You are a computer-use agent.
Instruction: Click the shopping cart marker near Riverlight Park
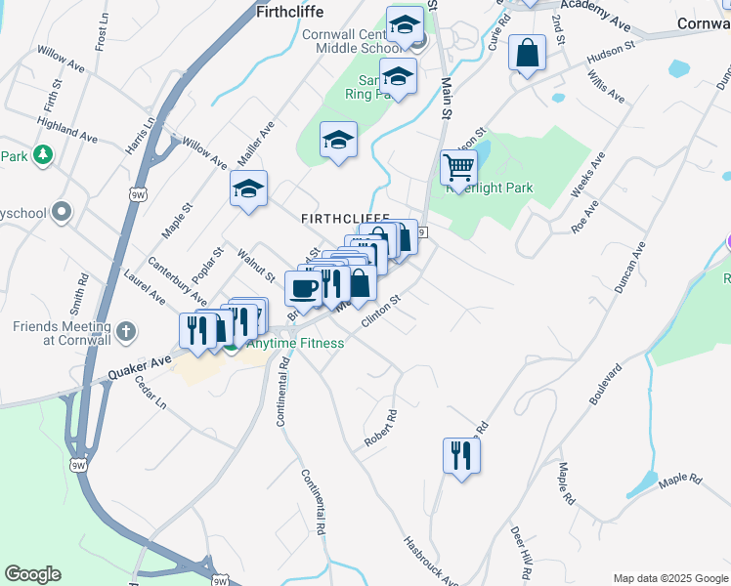458,168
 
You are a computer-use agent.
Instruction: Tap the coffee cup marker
303,287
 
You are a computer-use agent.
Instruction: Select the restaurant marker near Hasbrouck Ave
461,455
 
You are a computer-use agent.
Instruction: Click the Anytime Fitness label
294,344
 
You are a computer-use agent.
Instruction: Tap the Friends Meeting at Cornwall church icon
125,332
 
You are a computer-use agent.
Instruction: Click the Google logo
33,574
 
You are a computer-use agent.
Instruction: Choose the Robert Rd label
381,427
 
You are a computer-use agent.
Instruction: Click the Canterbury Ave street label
176,280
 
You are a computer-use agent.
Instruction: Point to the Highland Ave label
66,131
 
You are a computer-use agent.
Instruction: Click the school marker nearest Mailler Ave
248,189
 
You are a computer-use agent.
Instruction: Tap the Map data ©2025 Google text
669,577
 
